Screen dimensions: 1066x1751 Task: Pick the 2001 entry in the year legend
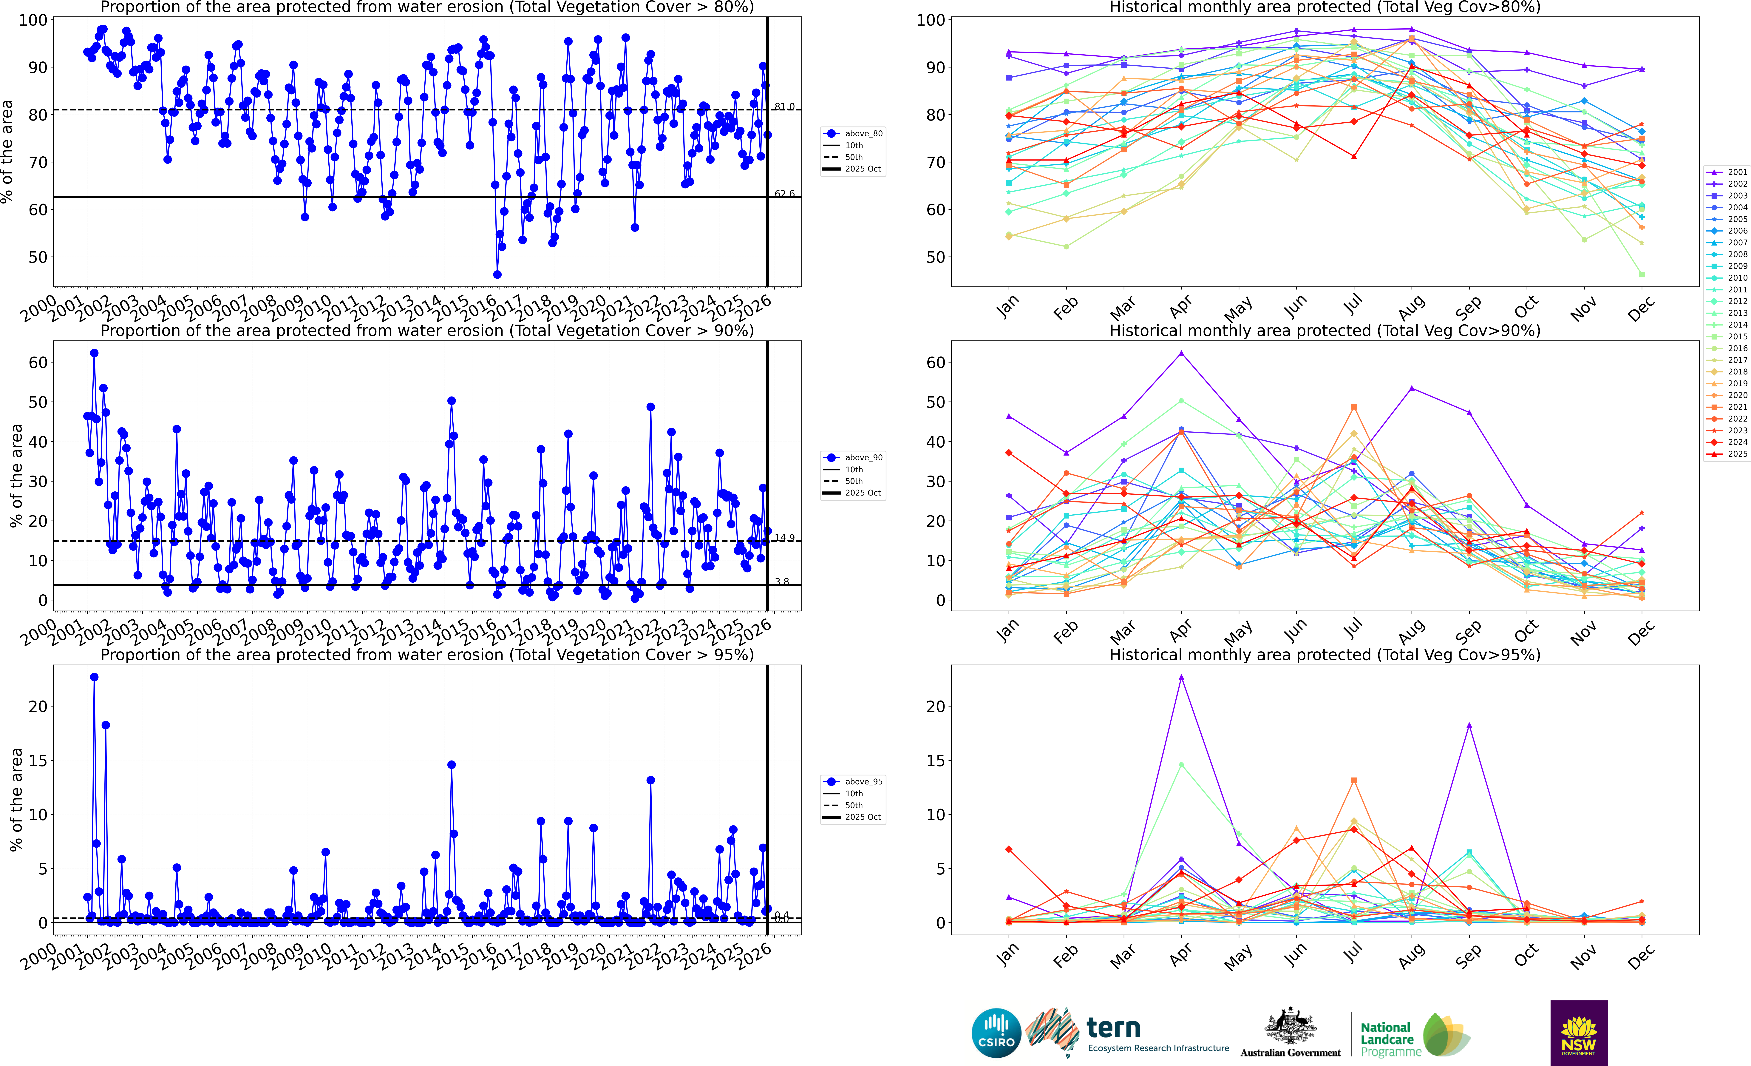(x=1737, y=172)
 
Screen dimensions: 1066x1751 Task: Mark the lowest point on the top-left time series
(x=497, y=274)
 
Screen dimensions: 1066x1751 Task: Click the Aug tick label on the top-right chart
(x=1411, y=307)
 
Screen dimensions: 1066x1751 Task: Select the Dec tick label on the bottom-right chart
(x=1642, y=956)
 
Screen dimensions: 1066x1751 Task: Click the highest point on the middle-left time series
(x=94, y=353)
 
